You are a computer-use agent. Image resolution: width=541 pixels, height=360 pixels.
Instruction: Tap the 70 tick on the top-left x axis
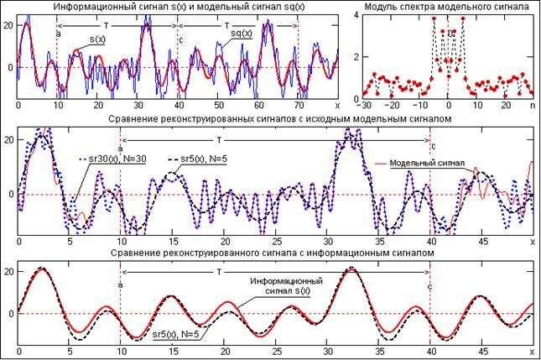(x=299, y=106)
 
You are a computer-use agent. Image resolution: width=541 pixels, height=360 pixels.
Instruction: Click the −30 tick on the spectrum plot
(x=364, y=106)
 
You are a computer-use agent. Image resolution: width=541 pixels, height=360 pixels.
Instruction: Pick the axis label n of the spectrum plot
(x=532, y=106)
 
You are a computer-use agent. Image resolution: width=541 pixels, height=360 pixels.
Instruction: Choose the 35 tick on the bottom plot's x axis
(x=378, y=352)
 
